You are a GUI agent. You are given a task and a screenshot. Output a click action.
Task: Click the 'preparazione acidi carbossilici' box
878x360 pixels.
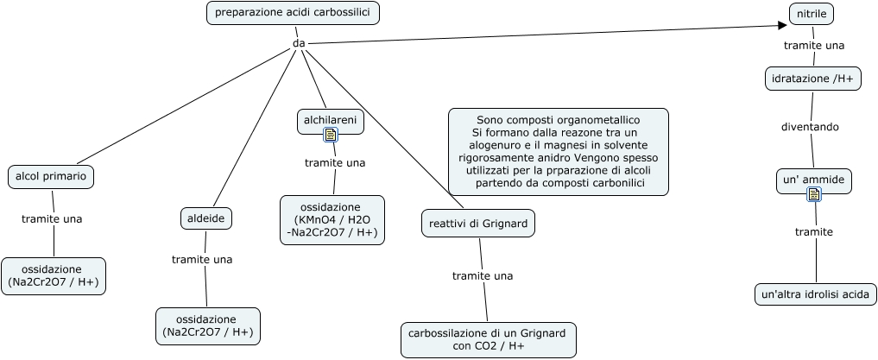(x=293, y=12)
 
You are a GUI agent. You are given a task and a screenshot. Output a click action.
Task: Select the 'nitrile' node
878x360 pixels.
(x=812, y=14)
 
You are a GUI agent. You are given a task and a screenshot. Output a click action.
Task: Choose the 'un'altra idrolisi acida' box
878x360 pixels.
(x=815, y=294)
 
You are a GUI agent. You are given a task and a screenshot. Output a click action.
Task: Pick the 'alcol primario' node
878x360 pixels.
(x=51, y=176)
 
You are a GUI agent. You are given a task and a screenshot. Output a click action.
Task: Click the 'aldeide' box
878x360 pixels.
(x=206, y=218)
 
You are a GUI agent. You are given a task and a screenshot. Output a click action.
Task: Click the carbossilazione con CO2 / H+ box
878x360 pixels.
(x=488, y=339)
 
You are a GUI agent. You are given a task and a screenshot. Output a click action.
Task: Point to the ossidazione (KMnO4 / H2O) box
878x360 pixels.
(x=332, y=220)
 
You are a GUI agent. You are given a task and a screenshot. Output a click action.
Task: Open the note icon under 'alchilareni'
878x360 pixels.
(x=331, y=135)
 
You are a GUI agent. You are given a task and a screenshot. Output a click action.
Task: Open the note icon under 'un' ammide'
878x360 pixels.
(x=814, y=195)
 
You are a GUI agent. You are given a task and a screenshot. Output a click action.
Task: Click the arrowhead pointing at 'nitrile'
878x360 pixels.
(x=782, y=25)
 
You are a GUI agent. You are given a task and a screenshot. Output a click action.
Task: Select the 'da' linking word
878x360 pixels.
(x=299, y=43)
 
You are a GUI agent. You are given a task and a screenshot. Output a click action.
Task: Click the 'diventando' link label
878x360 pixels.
(x=810, y=127)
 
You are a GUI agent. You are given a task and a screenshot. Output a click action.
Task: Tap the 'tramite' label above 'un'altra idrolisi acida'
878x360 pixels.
(x=813, y=232)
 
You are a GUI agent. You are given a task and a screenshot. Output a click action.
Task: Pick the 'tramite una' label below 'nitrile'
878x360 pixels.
(x=813, y=45)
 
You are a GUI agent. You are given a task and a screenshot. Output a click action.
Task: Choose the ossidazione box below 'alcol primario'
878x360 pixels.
(x=54, y=275)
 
